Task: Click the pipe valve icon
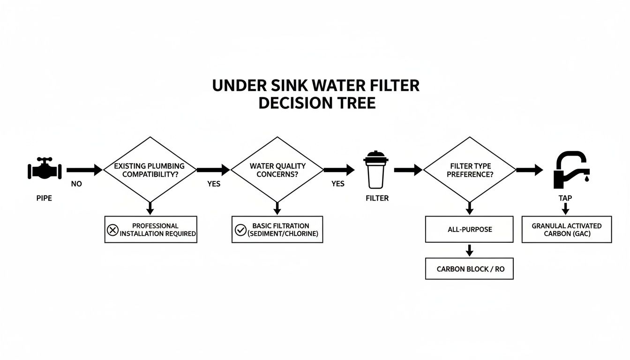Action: coord(45,170)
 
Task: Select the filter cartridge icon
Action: coord(375,170)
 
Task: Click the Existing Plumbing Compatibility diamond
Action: coord(150,170)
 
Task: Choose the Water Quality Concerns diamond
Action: coord(277,170)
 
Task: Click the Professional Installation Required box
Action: coord(150,230)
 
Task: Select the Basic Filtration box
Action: coord(277,230)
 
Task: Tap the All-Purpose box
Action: coord(469,230)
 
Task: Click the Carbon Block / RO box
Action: coord(469,269)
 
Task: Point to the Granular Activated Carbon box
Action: coord(566,230)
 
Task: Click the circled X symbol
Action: coord(112,230)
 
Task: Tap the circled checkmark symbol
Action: coord(240,230)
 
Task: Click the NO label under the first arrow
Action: coord(76,184)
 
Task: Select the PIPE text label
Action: coord(44,198)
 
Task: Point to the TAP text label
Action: coord(565,198)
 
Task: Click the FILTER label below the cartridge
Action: coord(377,198)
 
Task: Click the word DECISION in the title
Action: coord(292,103)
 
